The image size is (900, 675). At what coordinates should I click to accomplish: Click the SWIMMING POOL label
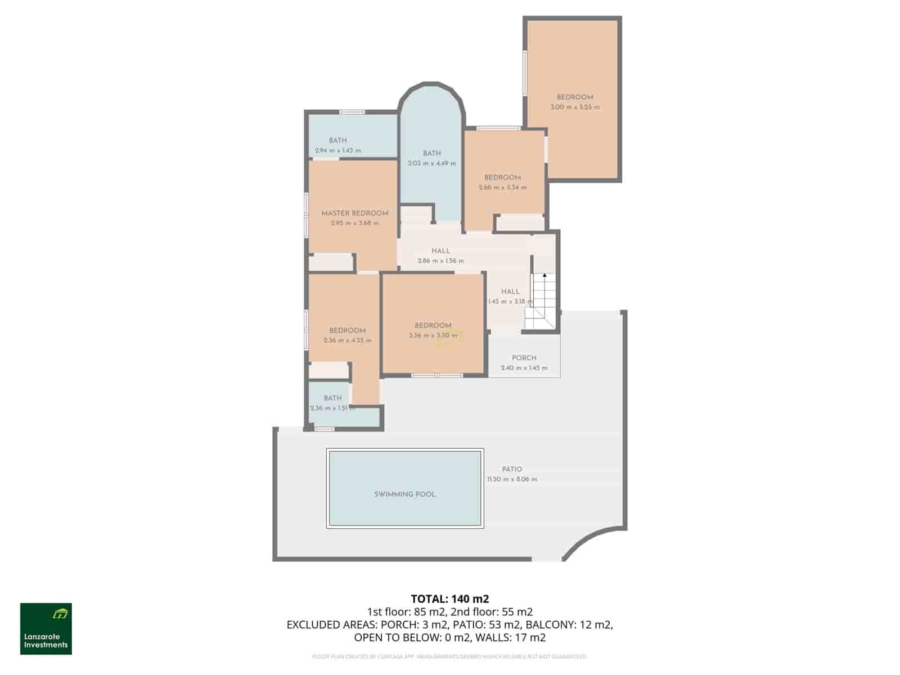[x=404, y=494]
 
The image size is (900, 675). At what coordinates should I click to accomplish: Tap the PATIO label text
[x=512, y=469]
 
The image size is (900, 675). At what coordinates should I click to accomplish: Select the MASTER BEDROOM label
[x=354, y=213]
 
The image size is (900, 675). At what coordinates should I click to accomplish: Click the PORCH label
[x=524, y=358]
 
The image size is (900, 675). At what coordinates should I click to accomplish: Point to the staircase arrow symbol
[x=544, y=276]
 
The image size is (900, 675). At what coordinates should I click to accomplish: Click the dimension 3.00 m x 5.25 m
[x=575, y=107]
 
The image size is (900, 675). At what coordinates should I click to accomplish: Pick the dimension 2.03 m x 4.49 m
[x=431, y=164]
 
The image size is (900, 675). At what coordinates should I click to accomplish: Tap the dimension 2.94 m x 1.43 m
[x=337, y=151]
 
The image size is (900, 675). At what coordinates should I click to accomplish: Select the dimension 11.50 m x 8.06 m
[x=512, y=479]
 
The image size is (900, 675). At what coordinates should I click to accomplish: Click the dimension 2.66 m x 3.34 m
[x=502, y=187]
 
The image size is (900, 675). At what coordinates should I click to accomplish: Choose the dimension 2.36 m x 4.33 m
[x=347, y=340]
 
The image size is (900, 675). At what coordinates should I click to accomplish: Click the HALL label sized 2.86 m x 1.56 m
[x=440, y=251]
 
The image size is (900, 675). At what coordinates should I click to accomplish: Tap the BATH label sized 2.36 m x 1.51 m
[x=332, y=398]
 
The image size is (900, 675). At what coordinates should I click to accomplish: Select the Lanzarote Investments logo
[x=46, y=629]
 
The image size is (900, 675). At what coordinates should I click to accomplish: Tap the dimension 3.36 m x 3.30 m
[x=433, y=336]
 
